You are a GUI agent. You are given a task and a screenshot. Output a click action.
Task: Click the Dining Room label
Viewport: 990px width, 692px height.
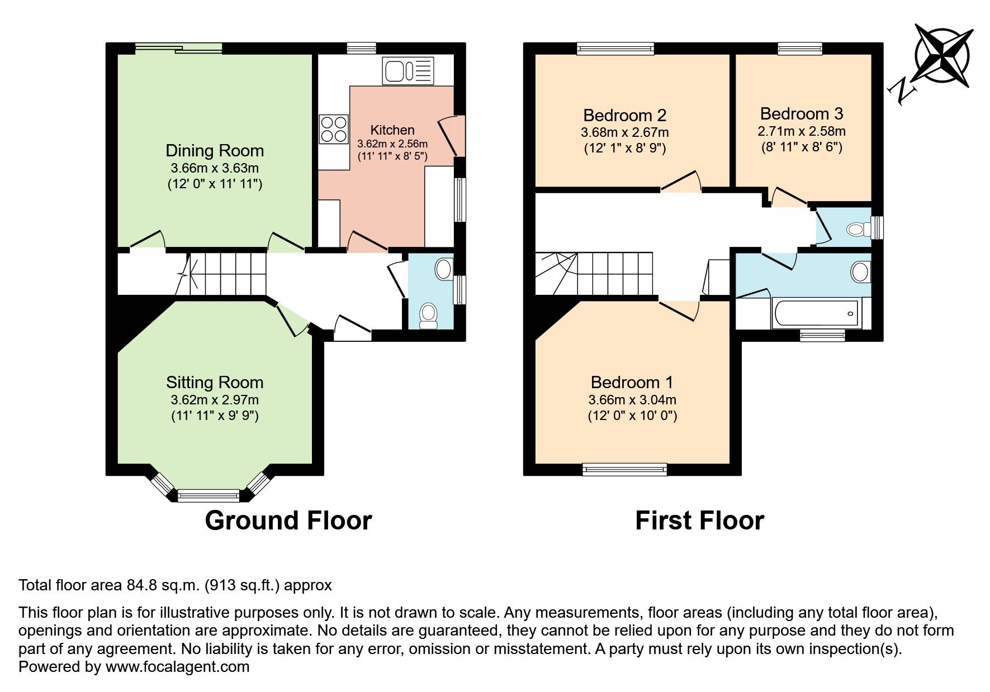215,151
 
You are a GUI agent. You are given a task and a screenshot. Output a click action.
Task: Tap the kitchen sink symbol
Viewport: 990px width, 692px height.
408,71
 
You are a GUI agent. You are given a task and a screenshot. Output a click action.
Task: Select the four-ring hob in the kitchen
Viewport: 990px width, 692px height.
333,128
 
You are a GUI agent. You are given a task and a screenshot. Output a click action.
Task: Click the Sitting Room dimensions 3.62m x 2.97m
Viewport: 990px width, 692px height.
215,400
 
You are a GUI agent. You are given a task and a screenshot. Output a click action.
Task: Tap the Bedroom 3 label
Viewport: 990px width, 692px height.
801,114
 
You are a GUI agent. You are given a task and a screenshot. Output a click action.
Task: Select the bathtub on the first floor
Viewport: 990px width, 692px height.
816,313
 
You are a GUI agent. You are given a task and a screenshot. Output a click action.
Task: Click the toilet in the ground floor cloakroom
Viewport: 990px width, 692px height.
429,316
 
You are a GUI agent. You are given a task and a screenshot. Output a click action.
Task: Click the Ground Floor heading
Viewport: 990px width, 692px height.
288,521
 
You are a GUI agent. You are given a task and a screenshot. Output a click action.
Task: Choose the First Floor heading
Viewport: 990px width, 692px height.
699,521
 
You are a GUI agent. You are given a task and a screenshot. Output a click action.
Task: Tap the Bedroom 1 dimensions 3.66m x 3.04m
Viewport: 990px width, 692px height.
632,400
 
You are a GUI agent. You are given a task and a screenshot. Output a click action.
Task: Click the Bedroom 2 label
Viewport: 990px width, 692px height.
624,116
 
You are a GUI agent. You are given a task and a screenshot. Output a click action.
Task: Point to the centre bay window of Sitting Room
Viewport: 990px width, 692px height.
209,495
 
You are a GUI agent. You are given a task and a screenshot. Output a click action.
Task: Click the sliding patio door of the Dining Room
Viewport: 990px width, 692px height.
179,49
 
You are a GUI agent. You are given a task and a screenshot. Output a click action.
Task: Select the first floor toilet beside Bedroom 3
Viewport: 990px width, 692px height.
858,229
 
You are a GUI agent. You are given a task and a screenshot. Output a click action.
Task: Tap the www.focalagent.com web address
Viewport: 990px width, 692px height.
177,666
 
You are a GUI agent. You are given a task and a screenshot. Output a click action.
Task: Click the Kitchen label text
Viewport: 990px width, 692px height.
392,130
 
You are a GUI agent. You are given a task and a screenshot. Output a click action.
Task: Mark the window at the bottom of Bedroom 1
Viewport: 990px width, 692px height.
624,470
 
